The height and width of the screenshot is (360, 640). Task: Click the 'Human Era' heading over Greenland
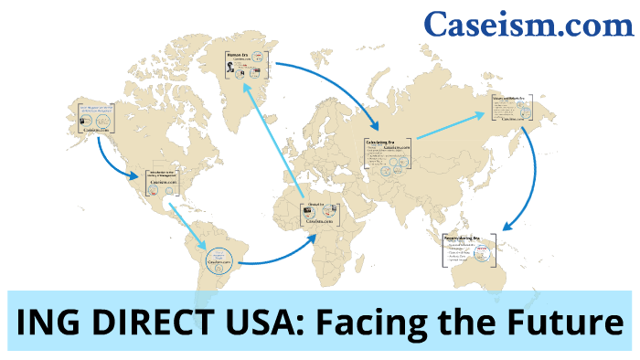[x=239, y=56]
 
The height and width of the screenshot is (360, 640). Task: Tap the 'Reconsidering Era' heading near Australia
[x=464, y=238]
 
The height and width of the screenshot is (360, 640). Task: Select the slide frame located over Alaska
[x=95, y=118]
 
